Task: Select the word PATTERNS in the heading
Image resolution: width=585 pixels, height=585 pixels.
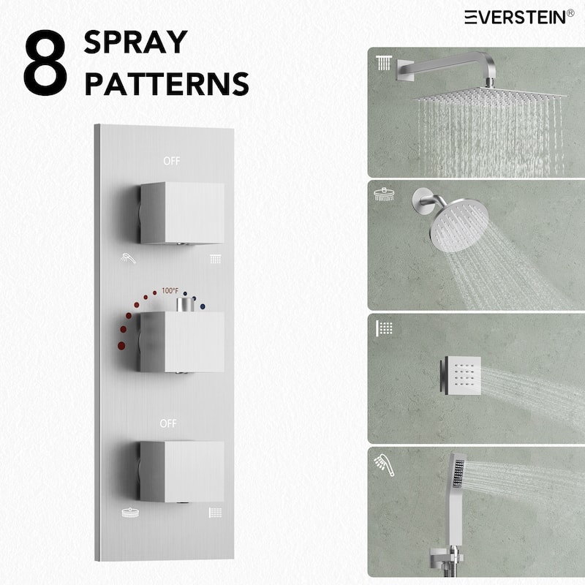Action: click(x=166, y=84)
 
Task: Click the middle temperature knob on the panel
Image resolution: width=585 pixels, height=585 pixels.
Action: click(x=181, y=341)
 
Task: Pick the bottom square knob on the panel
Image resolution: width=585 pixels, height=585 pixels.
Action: click(x=181, y=471)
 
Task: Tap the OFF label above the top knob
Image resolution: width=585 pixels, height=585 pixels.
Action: click(x=171, y=161)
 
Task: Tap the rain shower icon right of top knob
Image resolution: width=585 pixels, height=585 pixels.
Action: click(x=216, y=258)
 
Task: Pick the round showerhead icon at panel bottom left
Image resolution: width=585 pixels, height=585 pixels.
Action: click(x=128, y=513)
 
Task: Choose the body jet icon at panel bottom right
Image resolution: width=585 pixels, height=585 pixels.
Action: click(x=216, y=513)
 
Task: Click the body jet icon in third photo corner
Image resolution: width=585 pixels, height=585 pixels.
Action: click(x=385, y=327)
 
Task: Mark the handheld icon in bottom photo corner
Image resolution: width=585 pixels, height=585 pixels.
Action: click(x=382, y=461)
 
